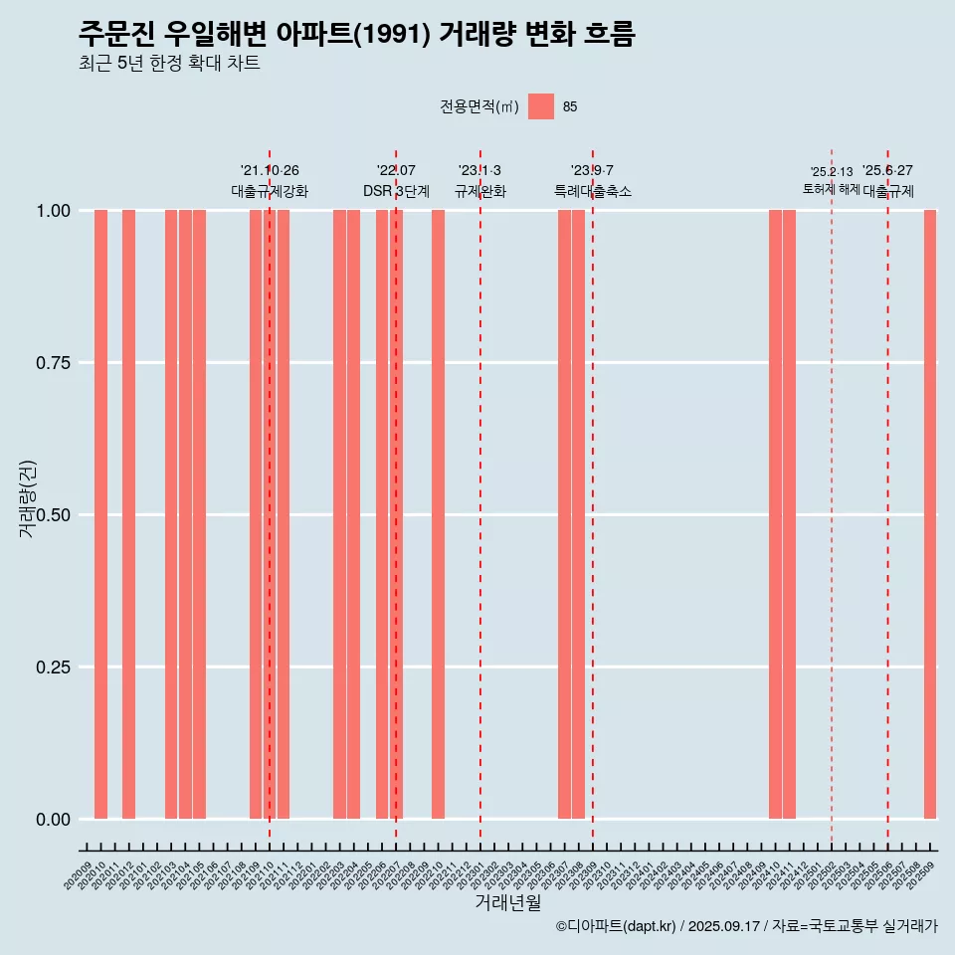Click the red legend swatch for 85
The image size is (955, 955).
pyautogui.click(x=541, y=106)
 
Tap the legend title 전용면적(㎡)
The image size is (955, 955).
pyautogui.click(x=478, y=107)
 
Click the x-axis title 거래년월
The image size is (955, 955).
pyautogui.click(x=507, y=902)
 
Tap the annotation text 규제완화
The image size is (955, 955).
pyautogui.click(x=480, y=191)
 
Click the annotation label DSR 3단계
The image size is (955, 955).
pyautogui.click(x=396, y=191)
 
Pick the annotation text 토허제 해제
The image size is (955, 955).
pyautogui.click(x=831, y=189)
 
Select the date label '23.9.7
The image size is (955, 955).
pyautogui.click(x=592, y=170)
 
